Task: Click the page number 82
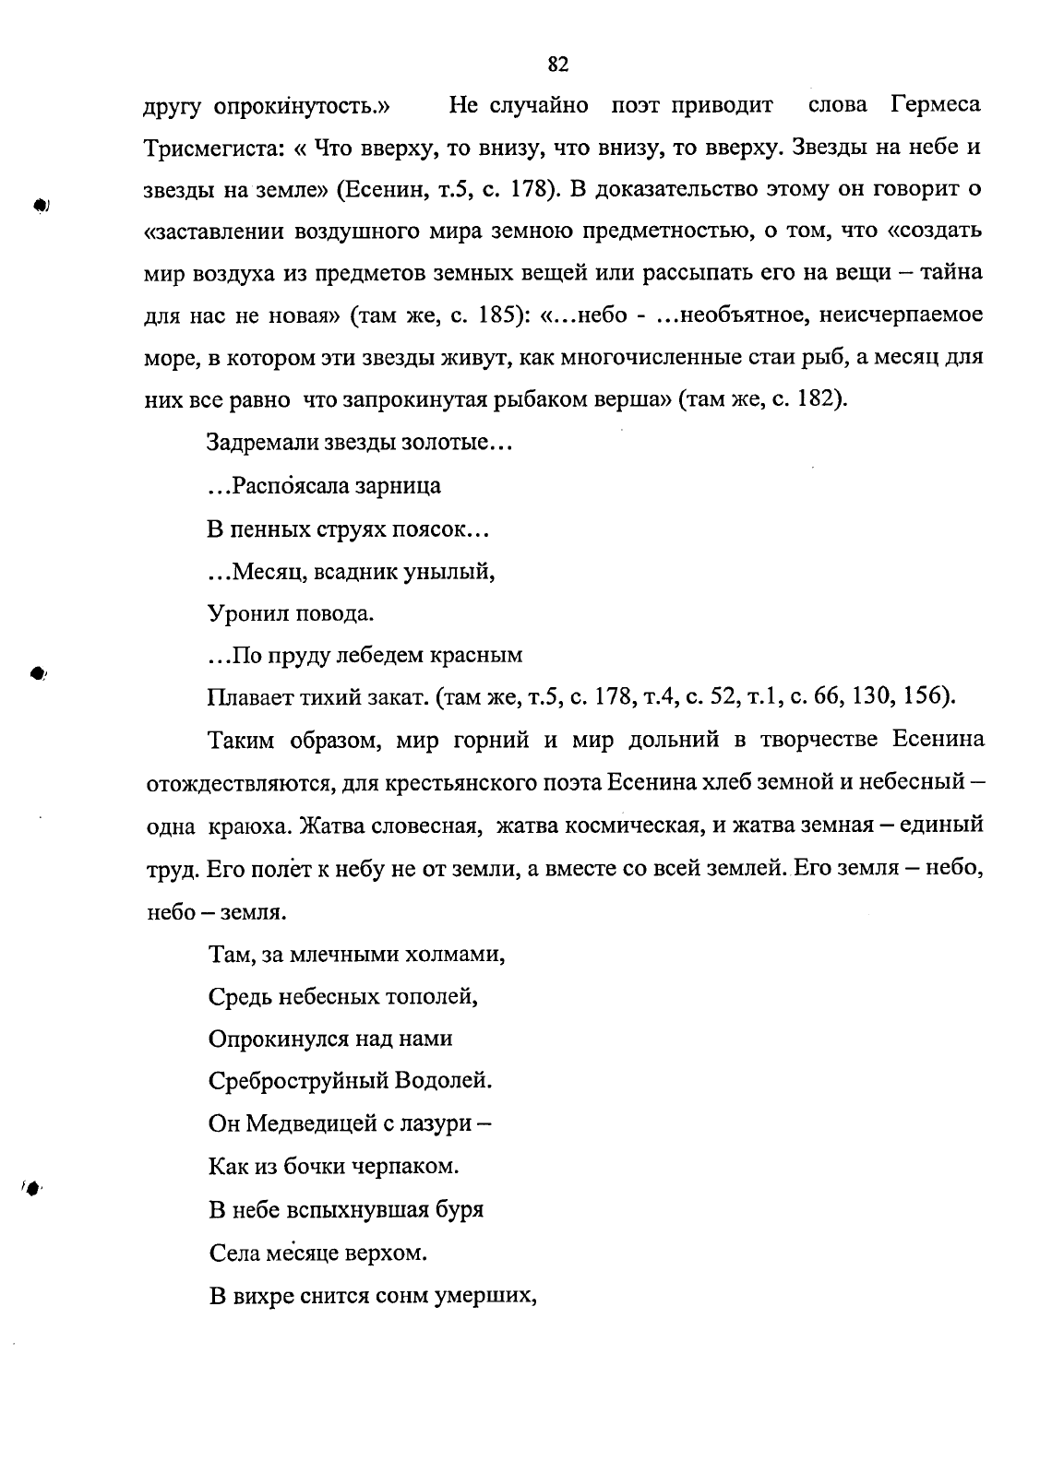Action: click(x=558, y=65)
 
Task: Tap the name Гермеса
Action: click(x=936, y=105)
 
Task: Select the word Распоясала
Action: click(x=286, y=485)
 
